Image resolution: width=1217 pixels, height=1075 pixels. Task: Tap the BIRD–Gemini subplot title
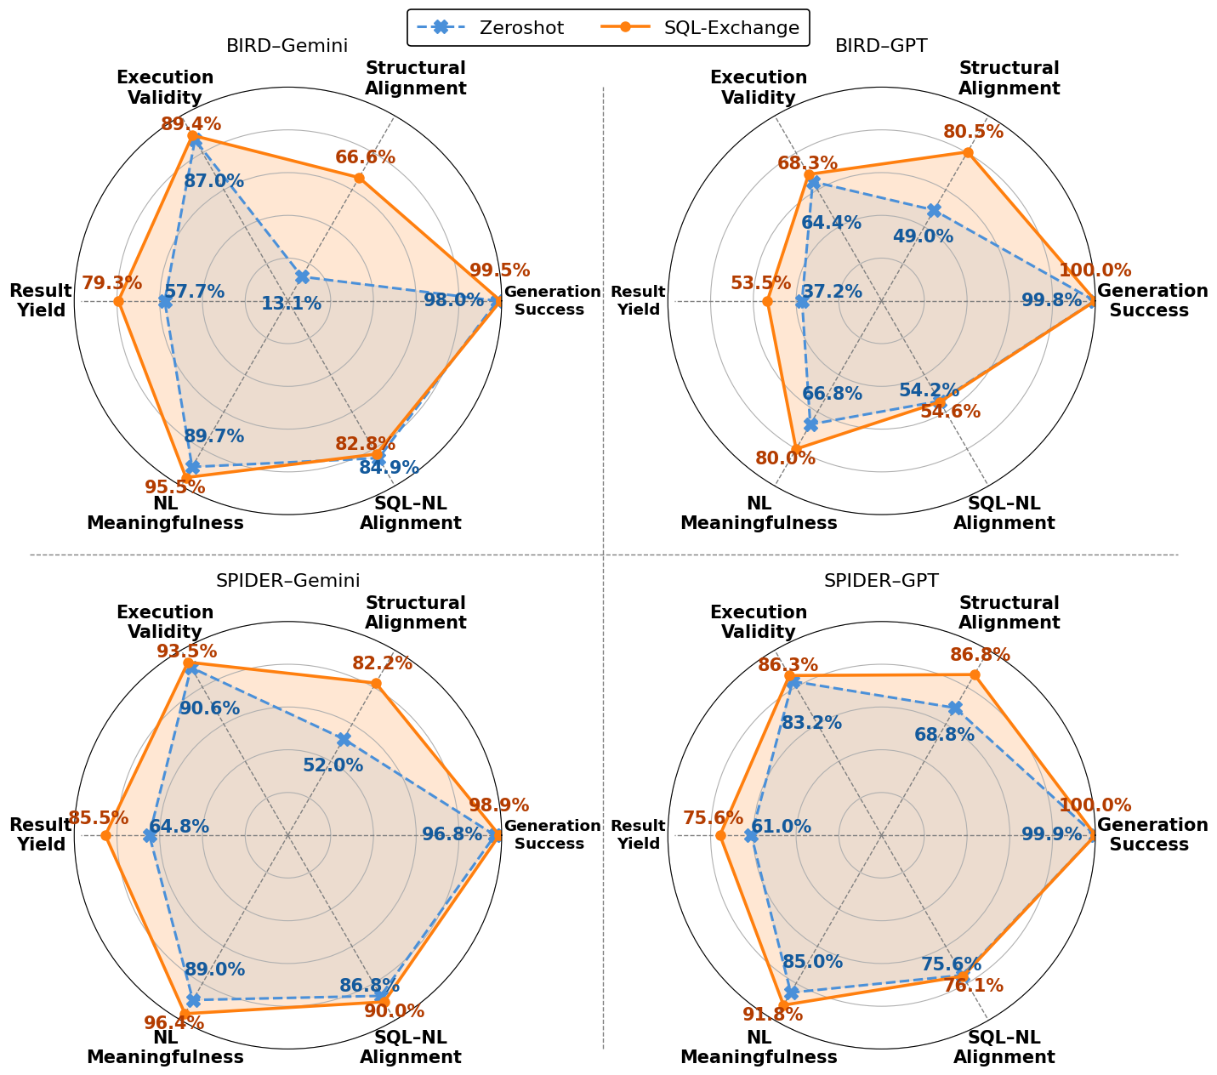click(287, 46)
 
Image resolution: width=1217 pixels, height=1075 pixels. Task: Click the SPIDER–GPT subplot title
click(881, 581)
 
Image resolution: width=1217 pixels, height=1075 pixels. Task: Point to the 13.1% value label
click(291, 304)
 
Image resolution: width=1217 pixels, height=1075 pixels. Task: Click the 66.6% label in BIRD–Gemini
click(365, 157)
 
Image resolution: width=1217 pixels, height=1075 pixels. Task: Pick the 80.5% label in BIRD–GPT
click(973, 132)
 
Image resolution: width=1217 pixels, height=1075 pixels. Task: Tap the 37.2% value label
click(832, 292)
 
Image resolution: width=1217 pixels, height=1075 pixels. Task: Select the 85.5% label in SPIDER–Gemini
click(99, 818)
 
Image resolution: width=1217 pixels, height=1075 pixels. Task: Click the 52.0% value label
click(333, 765)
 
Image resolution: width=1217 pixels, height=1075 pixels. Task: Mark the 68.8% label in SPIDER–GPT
click(944, 734)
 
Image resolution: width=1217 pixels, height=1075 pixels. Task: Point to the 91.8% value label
click(772, 1015)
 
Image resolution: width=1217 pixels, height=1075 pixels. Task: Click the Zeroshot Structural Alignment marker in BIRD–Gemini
click(302, 276)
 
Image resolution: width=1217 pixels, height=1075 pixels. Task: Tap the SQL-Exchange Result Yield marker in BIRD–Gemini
click(119, 301)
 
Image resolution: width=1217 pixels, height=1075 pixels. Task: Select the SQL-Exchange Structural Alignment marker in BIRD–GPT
click(968, 152)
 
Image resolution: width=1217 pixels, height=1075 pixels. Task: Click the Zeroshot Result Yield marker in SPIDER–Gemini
click(150, 836)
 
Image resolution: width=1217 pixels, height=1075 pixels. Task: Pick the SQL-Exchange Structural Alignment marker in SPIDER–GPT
click(975, 675)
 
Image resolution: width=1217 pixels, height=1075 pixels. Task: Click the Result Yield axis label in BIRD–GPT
click(638, 301)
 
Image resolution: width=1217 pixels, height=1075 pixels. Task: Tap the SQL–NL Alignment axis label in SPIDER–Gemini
click(410, 1047)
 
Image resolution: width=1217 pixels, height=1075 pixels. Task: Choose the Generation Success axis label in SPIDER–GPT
click(1152, 835)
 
